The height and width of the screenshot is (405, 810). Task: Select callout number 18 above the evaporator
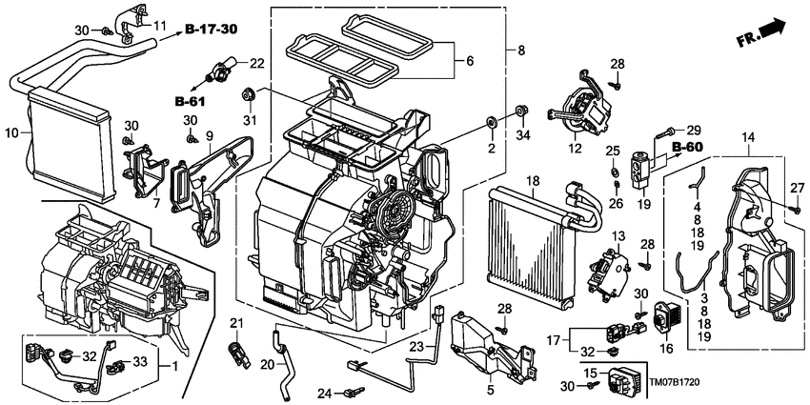[x=533, y=180]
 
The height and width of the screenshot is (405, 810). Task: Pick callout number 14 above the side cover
[x=747, y=139]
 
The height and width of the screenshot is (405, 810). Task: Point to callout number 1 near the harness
[x=172, y=366]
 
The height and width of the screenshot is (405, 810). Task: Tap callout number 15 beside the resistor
[x=589, y=372]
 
